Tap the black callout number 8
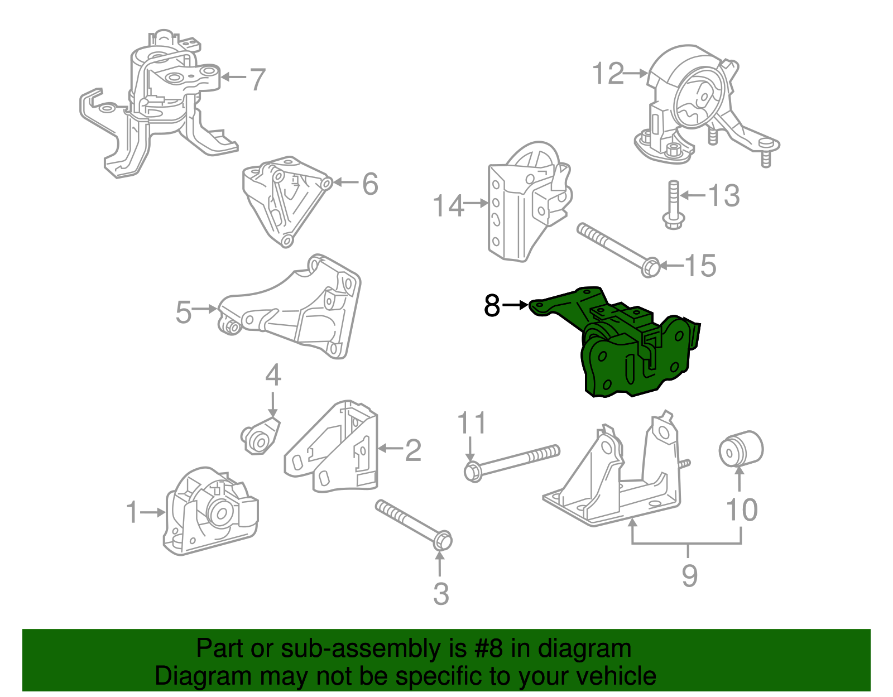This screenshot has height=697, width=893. [x=492, y=306]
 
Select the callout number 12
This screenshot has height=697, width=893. [x=607, y=74]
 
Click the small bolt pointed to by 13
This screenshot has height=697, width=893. [x=673, y=204]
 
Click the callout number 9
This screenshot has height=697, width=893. [x=690, y=575]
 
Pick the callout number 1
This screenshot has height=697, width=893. [x=132, y=512]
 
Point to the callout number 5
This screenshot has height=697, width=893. [x=183, y=312]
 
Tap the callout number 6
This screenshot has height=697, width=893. [x=370, y=184]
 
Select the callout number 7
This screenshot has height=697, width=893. [x=256, y=79]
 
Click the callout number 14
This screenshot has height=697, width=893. [x=448, y=205]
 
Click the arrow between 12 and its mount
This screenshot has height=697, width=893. [x=635, y=73]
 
